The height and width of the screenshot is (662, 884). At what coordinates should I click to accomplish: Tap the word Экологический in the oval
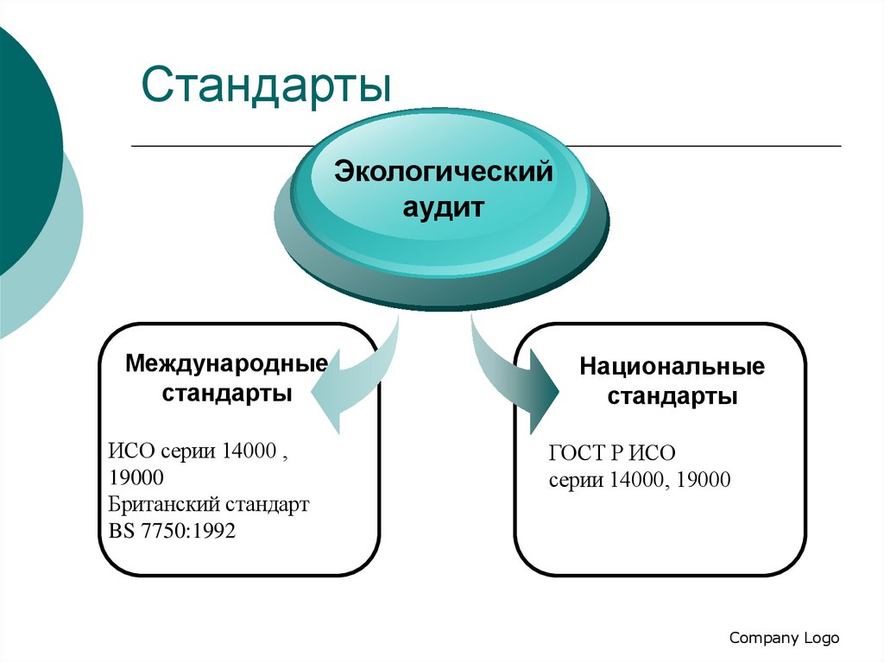click(x=444, y=171)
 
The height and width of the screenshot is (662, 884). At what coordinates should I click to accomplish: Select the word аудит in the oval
click(x=444, y=207)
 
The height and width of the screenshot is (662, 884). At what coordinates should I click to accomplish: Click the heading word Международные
click(x=226, y=363)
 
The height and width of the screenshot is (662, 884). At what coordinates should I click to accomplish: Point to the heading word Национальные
click(x=672, y=367)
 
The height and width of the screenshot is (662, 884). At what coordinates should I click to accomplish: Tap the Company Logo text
click(x=784, y=638)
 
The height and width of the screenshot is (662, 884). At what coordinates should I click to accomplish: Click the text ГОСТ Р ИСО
click(x=611, y=454)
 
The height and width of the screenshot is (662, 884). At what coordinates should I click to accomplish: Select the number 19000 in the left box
click(x=136, y=477)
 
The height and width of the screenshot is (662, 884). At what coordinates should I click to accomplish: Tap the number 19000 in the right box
click(x=704, y=480)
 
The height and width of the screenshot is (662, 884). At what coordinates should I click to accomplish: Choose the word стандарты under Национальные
click(x=672, y=397)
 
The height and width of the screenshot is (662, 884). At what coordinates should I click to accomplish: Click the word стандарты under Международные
click(x=226, y=393)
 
